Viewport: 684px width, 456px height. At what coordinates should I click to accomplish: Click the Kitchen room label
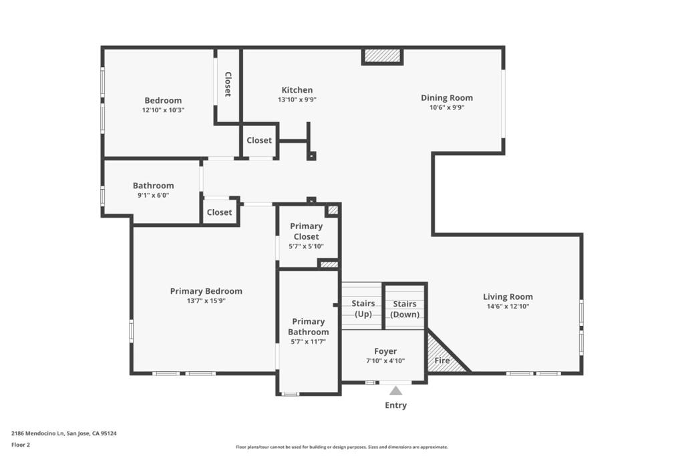pyautogui.click(x=297, y=90)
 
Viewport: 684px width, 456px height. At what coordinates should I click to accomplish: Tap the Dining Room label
pyautogui.click(x=447, y=97)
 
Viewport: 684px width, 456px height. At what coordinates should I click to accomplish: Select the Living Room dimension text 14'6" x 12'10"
pyautogui.click(x=508, y=306)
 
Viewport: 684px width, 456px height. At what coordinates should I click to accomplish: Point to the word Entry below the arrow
pyautogui.click(x=395, y=405)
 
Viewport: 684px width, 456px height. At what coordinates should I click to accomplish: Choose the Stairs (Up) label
pyautogui.click(x=363, y=308)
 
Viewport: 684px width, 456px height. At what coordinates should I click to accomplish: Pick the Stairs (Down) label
pyautogui.click(x=405, y=309)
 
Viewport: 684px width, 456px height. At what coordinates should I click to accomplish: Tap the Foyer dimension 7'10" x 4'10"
pyautogui.click(x=385, y=361)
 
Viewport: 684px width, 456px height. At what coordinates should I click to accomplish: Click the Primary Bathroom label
pyautogui.click(x=309, y=326)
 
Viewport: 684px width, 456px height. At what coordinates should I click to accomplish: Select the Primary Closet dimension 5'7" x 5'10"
pyautogui.click(x=306, y=246)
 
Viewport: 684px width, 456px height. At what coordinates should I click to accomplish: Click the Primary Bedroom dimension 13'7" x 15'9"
pyautogui.click(x=206, y=301)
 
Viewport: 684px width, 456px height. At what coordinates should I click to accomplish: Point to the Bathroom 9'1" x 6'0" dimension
pyautogui.click(x=153, y=196)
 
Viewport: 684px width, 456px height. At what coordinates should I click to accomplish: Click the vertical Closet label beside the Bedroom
pyautogui.click(x=228, y=84)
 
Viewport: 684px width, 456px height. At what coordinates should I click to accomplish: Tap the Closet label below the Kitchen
pyautogui.click(x=259, y=140)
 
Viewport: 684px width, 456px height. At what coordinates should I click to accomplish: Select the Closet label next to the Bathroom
pyautogui.click(x=219, y=212)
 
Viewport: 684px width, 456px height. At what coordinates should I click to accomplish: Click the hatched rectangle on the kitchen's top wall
pyautogui.click(x=382, y=55)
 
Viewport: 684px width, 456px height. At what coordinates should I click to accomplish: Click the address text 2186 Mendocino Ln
pyautogui.click(x=38, y=433)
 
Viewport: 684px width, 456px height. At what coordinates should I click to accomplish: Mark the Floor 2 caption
pyautogui.click(x=21, y=445)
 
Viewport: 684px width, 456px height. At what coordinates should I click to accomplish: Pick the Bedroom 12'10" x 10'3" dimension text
pyautogui.click(x=163, y=110)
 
